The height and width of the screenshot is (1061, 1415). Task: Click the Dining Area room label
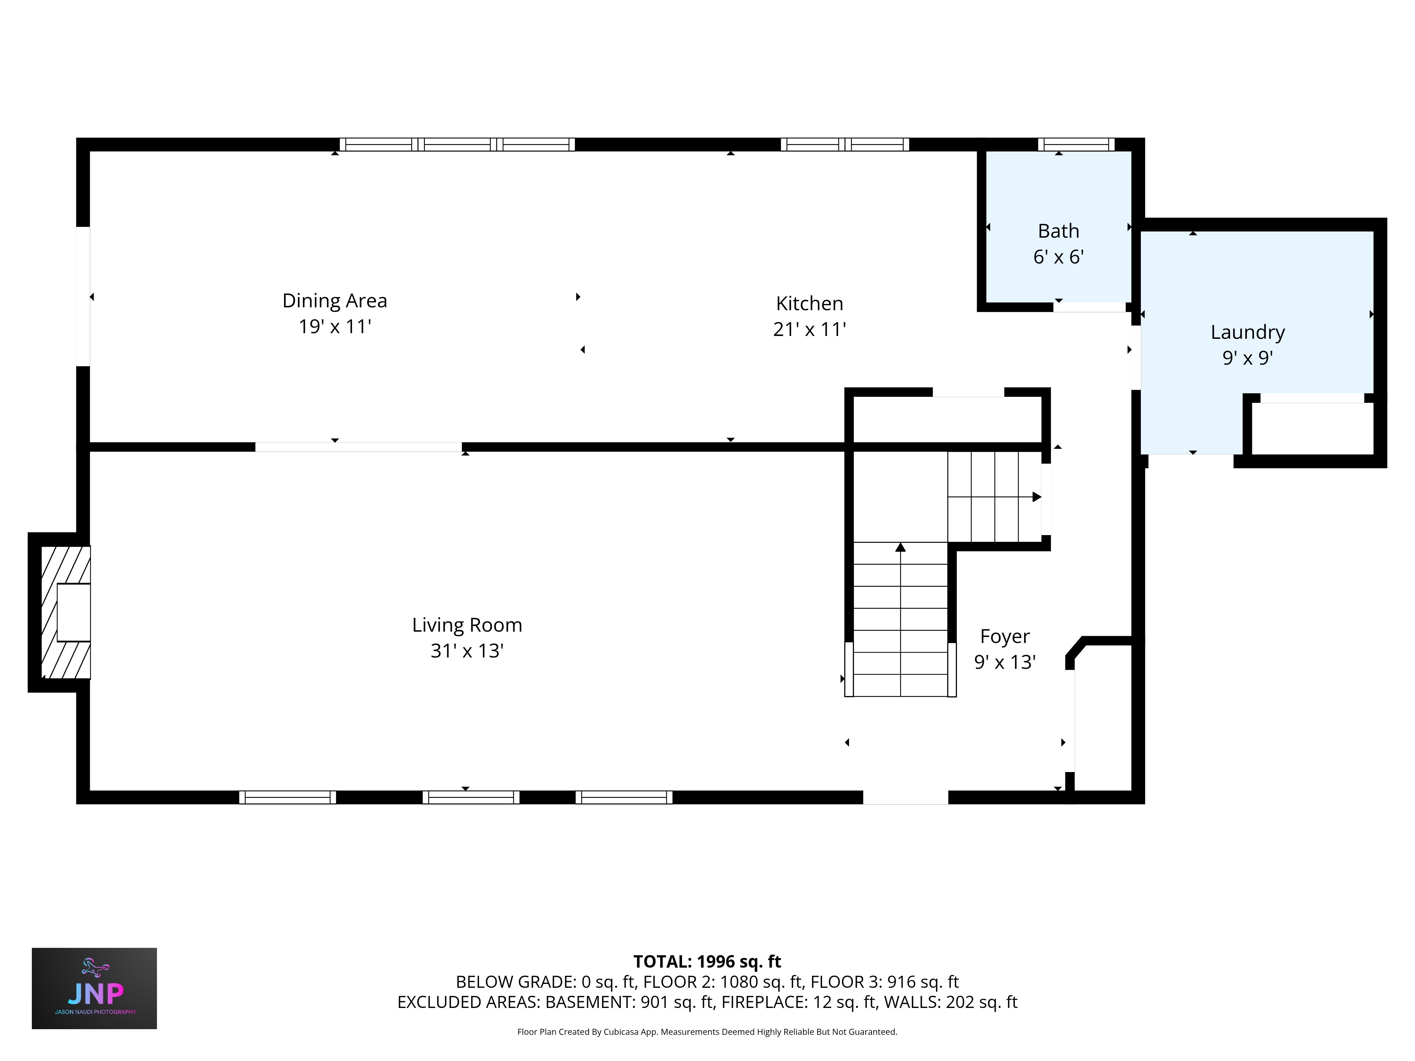click(x=335, y=301)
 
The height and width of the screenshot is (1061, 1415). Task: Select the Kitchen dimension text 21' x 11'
click(x=809, y=329)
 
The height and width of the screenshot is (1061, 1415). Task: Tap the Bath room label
click(x=1058, y=231)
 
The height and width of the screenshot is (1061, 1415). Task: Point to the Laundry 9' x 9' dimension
click(x=1247, y=358)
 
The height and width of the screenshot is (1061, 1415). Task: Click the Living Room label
click(x=467, y=625)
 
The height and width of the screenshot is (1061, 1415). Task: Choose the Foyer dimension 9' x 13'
click(x=1004, y=662)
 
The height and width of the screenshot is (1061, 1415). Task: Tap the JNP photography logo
click(x=94, y=988)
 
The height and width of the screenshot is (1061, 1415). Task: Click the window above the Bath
click(x=1076, y=145)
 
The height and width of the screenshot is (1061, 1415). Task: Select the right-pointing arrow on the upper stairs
click(x=1036, y=497)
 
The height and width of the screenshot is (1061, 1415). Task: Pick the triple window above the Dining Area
click(x=457, y=145)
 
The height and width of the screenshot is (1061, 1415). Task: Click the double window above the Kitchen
click(x=844, y=145)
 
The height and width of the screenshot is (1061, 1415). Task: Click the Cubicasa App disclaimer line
click(x=707, y=1032)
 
